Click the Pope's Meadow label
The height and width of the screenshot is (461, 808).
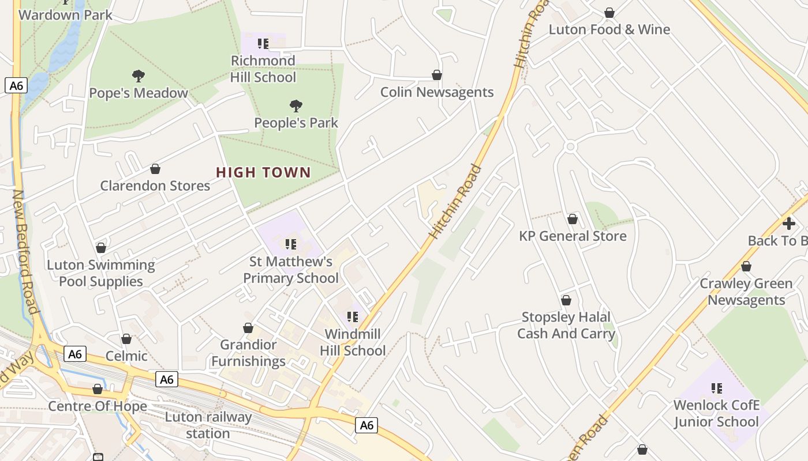(139, 93)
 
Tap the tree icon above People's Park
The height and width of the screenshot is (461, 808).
(296, 106)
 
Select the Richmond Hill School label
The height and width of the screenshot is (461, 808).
(263, 69)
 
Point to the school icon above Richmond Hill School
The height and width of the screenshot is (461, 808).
(263, 44)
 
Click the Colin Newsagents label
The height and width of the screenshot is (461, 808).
(437, 92)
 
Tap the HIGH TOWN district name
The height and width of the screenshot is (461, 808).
(263, 172)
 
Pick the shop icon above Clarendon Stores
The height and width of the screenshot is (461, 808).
(155, 169)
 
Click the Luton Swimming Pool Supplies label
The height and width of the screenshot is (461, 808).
(101, 273)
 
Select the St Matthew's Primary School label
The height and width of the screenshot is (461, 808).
(291, 270)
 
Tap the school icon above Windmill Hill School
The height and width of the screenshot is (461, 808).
(353, 317)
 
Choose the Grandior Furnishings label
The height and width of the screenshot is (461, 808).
(248, 353)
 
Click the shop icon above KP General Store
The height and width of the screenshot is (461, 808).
(573, 219)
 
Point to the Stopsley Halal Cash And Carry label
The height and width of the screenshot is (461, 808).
(566, 325)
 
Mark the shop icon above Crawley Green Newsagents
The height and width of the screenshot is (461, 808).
(746, 266)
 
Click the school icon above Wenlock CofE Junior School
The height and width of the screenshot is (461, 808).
(717, 388)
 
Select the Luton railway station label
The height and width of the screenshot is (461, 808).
(208, 425)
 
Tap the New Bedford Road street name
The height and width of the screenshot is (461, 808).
(27, 252)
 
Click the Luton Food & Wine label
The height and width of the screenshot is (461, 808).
(609, 29)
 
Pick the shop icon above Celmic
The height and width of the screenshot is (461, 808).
(126, 339)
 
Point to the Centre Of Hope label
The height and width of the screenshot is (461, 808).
(98, 406)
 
